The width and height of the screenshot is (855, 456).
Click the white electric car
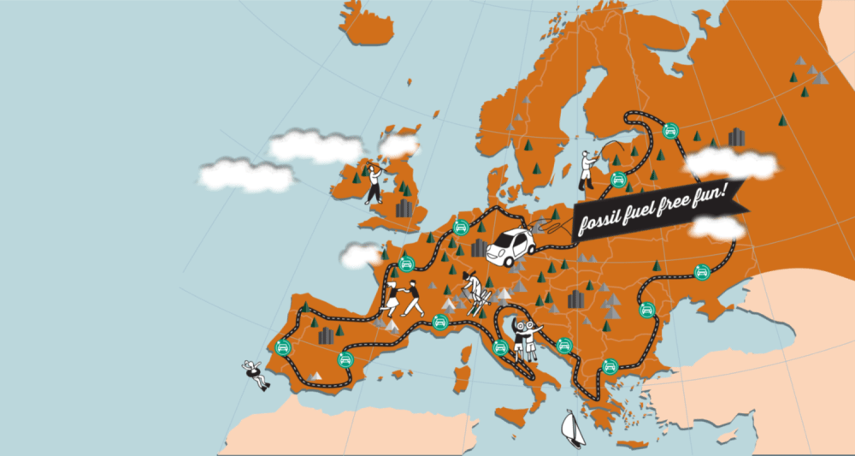click(511, 246)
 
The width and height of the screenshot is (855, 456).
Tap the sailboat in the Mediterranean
click(572, 427)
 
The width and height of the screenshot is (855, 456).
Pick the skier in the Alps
click(474, 287)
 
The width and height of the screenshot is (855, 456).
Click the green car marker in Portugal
click(283, 348)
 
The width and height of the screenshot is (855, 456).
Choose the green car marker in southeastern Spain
click(345, 359)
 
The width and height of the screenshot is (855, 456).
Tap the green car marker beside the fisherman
click(616, 179)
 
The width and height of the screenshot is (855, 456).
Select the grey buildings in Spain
click(326, 335)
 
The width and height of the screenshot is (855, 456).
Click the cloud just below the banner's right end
click(716, 227)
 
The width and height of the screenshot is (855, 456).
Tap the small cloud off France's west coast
click(360, 254)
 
